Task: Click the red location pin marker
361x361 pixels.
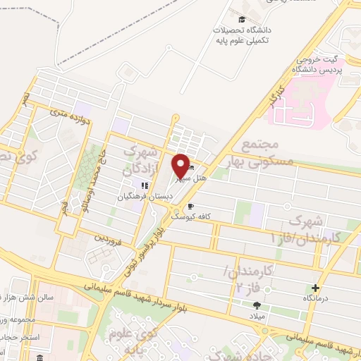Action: click(x=180, y=166)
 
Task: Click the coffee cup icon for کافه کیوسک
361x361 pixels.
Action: click(x=190, y=207)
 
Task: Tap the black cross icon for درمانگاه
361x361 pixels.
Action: click(x=315, y=288)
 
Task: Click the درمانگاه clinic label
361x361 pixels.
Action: click(x=316, y=299)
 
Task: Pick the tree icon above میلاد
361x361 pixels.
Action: click(x=257, y=305)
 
